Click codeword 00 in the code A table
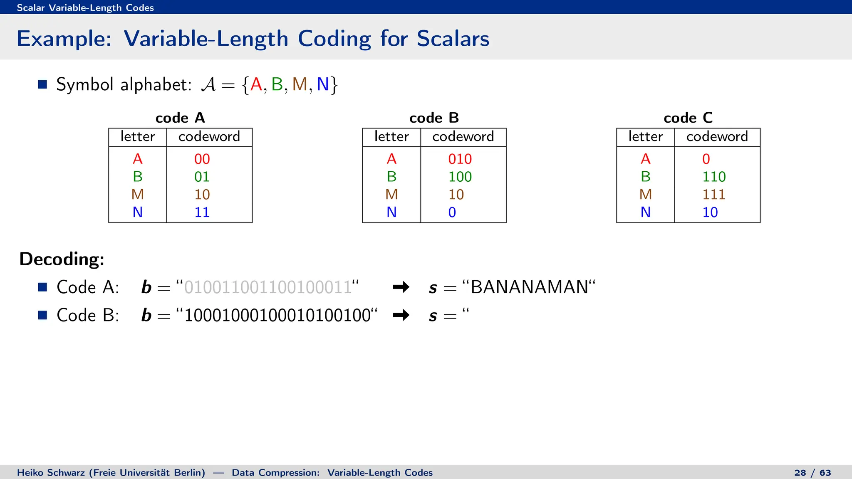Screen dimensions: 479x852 point(202,159)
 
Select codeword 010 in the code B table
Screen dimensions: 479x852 point(460,159)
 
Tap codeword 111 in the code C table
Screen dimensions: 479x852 point(713,194)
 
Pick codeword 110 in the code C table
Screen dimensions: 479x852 point(713,177)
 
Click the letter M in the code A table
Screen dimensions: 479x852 point(137,194)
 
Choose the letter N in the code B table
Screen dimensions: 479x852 point(391,212)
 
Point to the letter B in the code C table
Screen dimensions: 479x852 point(645,177)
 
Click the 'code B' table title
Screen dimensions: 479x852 point(434,118)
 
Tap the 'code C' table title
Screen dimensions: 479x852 point(688,118)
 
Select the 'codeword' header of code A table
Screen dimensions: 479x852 point(209,136)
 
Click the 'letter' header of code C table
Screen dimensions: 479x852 point(645,136)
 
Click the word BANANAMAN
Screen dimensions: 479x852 point(529,287)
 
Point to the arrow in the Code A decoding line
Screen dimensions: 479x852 point(401,287)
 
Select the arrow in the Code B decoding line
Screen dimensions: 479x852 point(401,315)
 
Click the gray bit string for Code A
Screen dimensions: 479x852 point(268,287)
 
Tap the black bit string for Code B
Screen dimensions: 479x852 point(277,316)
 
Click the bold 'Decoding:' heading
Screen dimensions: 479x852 point(62,259)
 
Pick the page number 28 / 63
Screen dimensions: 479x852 point(812,473)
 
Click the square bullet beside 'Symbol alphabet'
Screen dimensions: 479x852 point(42,84)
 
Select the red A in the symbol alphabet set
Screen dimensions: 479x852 point(256,84)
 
